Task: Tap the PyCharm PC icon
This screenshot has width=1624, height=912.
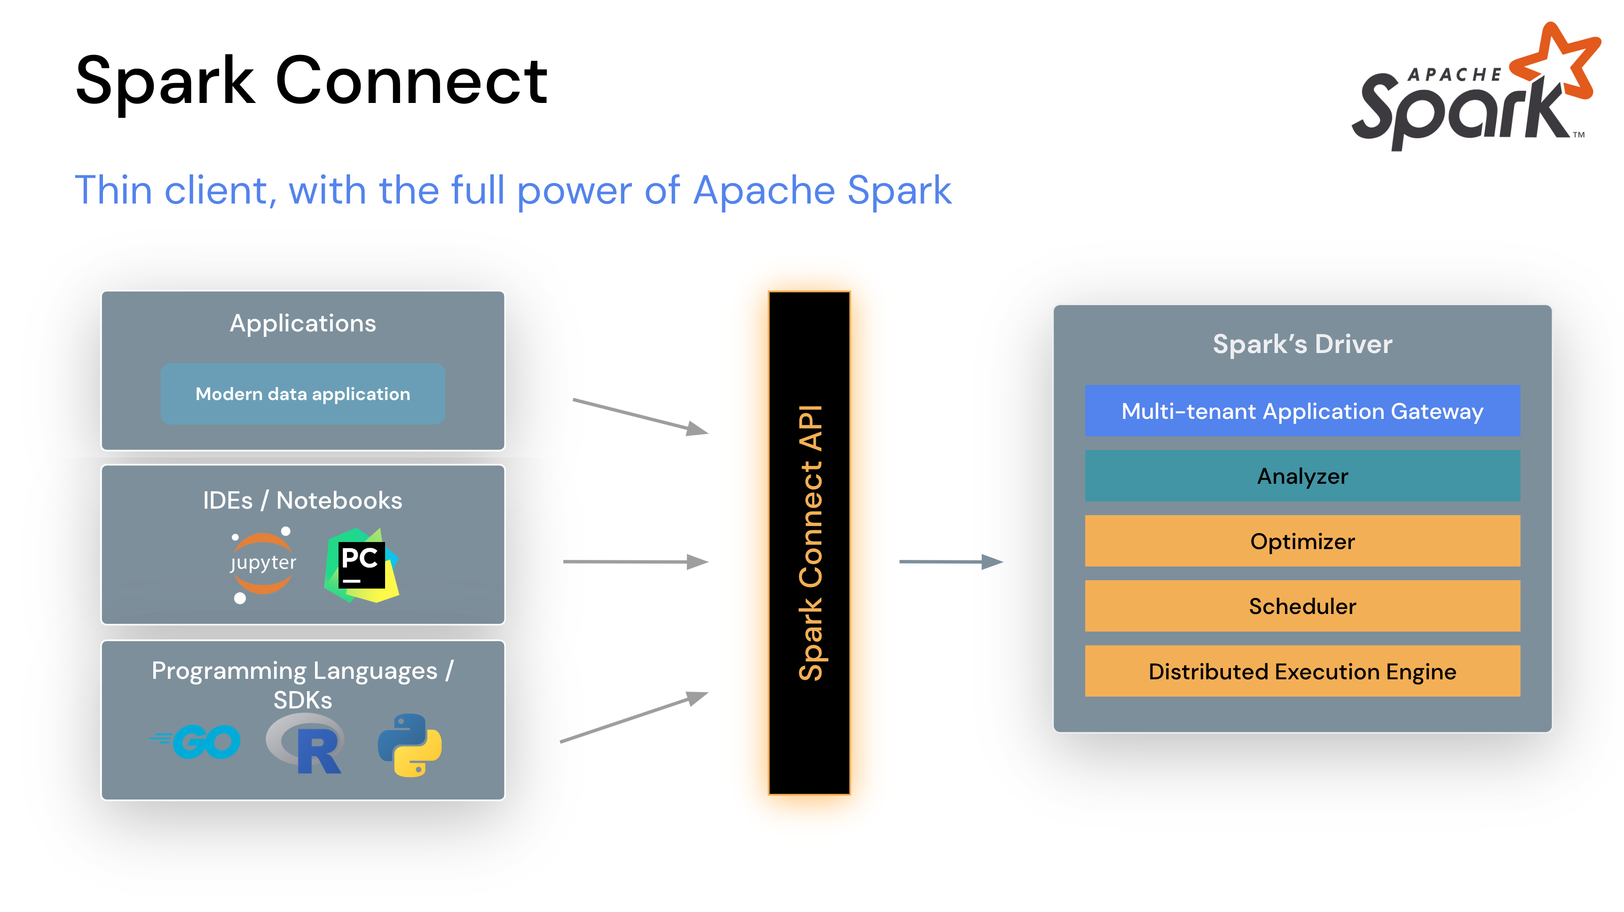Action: pos(361,565)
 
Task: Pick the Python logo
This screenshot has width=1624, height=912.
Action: pos(410,745)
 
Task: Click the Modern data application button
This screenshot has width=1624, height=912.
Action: pos(303,394)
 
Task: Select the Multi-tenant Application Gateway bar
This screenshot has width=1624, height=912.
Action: pos(1302,411)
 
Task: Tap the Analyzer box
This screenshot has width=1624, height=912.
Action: pos(1302,476)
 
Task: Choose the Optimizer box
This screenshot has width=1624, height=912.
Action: pos(1302,542)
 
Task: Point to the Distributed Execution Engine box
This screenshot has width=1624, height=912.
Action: pos(1302,671)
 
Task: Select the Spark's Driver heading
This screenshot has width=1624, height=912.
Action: pos(1302,344)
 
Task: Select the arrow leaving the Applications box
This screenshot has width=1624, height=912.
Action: pos(640,416)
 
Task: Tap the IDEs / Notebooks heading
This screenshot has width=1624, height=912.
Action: pos(303,501)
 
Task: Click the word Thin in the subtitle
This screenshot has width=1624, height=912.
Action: pos(113,190)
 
